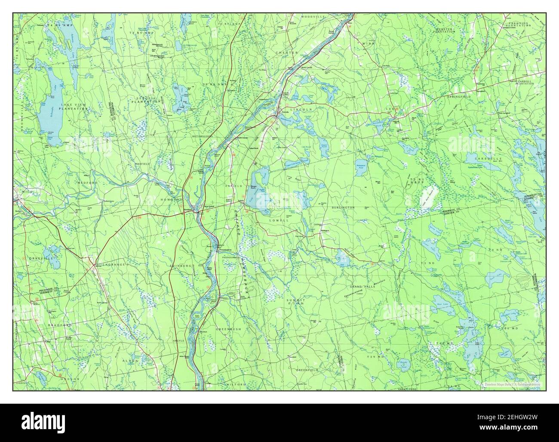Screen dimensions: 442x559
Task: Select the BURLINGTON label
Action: [343, 207]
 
